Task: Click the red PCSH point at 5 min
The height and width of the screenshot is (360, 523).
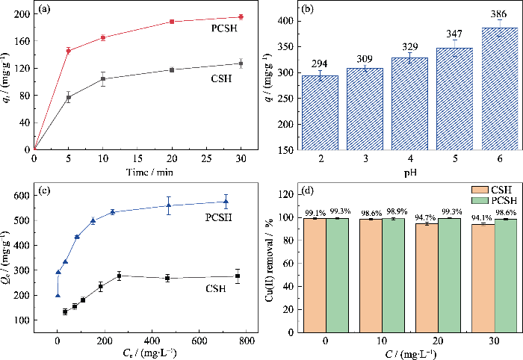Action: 68,51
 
